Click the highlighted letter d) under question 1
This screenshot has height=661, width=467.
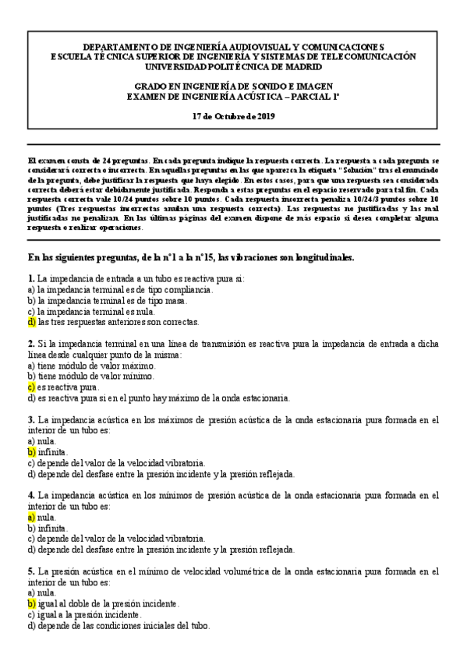tap(31, 322)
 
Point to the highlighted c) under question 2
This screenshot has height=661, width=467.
tap(31, 387)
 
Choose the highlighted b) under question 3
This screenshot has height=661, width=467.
tap(31, 451)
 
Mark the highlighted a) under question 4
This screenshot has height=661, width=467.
tap(31, 516)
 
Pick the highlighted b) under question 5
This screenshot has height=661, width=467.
tap(31, 603)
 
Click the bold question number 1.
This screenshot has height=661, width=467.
tap(30, 278)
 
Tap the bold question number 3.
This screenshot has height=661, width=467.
tap(30, 419)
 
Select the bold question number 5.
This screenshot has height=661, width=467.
tap(30, 571)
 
